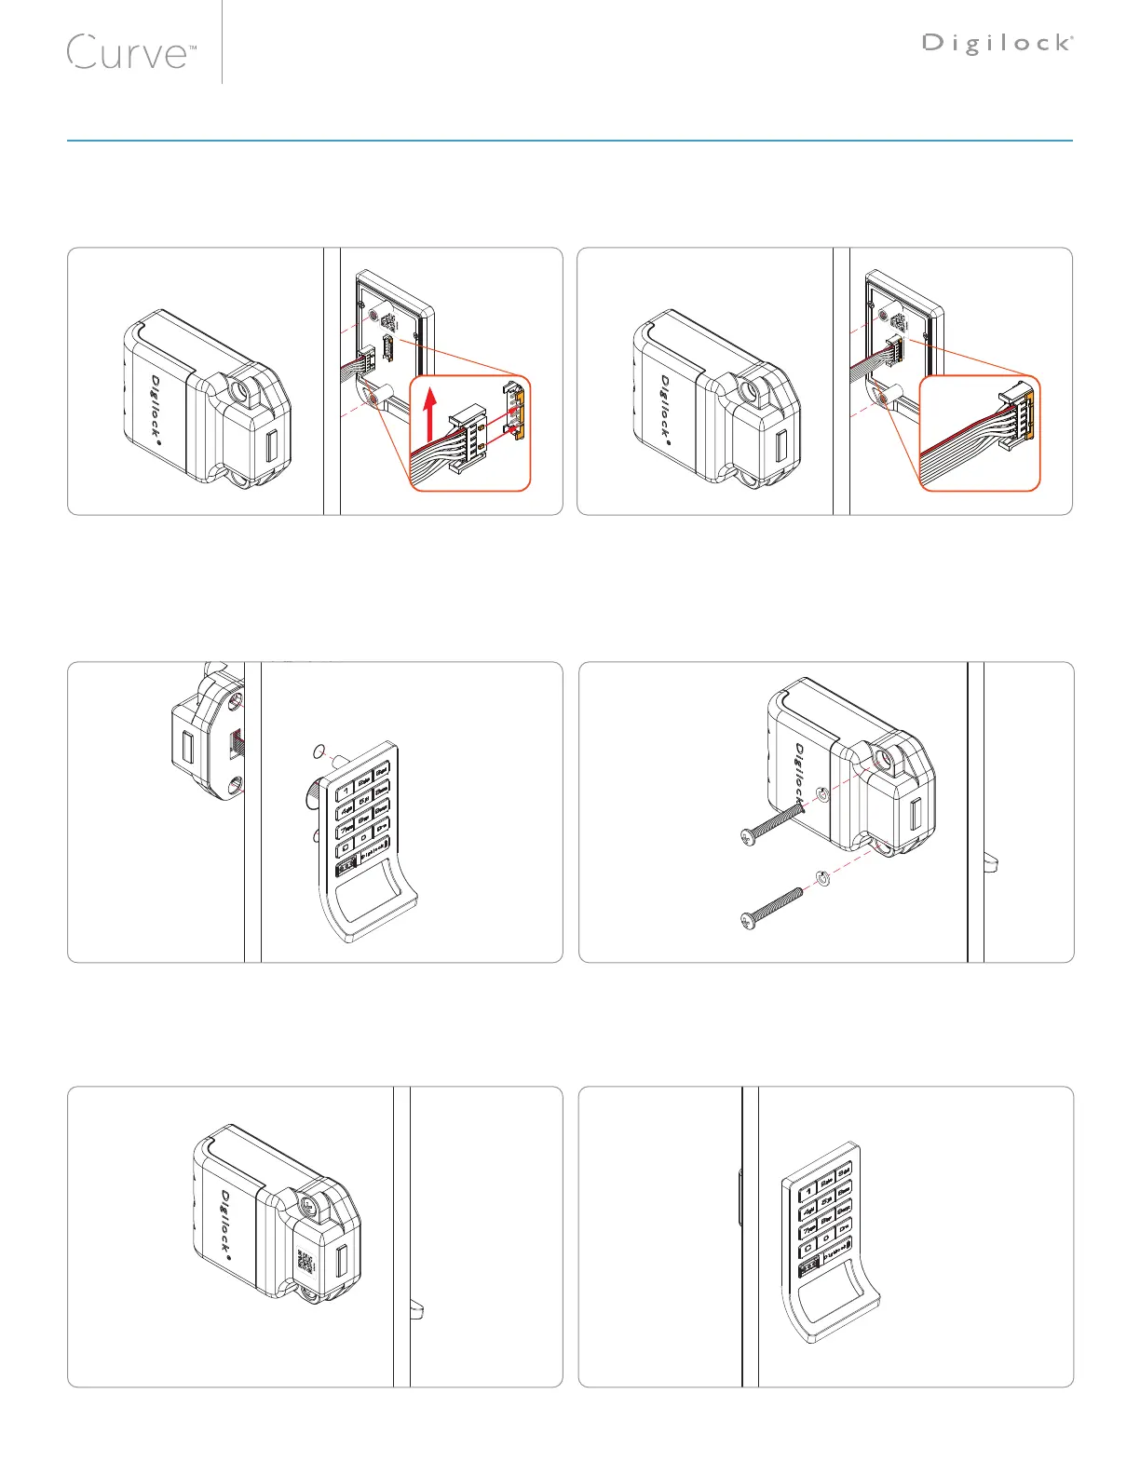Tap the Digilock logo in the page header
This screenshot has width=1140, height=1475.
click(997, 43)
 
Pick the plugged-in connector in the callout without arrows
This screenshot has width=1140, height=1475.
click(1016, 411)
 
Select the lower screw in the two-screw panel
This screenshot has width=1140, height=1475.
click(770, 909)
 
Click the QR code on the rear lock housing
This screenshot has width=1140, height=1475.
click(305, 1263)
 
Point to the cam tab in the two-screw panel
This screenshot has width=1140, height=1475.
click(993, 864)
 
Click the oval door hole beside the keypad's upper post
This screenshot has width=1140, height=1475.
click(319, 751)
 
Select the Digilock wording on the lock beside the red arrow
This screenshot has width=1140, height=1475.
click(156, 407)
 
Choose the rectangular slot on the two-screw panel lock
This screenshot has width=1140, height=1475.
click(915, 817)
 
